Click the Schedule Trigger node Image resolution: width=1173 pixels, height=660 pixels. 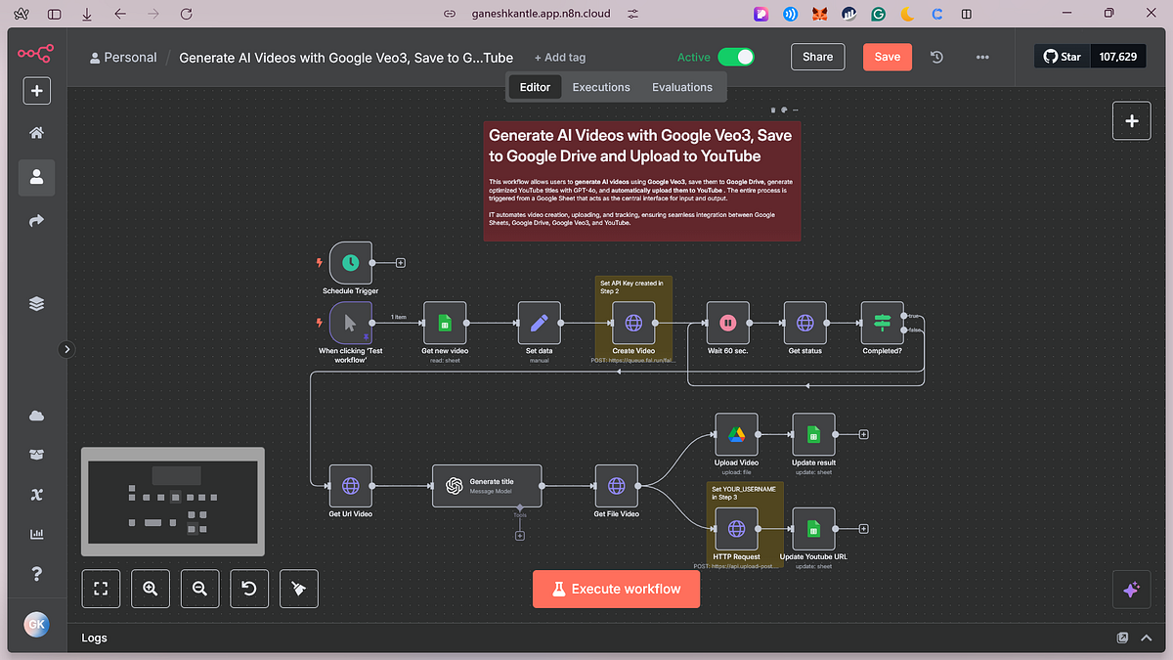(350, 263)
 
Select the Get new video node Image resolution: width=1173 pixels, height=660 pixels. (444, 323)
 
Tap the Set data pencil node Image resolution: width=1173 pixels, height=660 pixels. (539, 323)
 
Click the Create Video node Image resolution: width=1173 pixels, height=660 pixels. (632, 323)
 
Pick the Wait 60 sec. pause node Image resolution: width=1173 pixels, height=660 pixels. (727, 323)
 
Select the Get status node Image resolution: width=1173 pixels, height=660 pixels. (804, 323)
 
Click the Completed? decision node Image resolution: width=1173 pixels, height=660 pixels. (882, 323)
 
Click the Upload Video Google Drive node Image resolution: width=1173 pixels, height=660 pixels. (736, 435)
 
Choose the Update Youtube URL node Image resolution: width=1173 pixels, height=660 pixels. (813, 529)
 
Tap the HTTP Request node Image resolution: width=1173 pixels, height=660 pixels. (736, 529)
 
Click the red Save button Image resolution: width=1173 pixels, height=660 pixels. (887, 57)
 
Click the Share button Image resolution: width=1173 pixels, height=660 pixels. (817, 57)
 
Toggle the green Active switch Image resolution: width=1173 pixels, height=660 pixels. (736, 57)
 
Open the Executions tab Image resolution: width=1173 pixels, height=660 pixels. (601, 87)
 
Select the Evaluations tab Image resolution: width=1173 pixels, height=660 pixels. (682, 87)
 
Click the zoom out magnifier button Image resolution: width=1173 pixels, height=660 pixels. (199, 589)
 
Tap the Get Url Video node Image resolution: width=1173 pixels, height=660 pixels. (350, 485)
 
